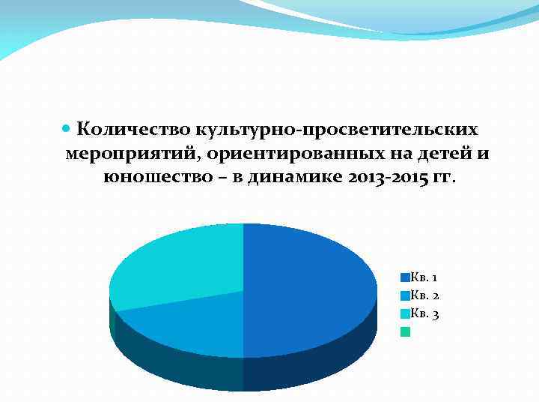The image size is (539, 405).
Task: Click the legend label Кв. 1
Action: point(424,277)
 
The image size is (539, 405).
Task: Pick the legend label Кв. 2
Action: point(424,295)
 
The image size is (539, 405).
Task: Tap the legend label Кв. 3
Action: point(424,313)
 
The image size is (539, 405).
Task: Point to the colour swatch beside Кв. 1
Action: point(405,277)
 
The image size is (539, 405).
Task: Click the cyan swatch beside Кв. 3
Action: point(405,313)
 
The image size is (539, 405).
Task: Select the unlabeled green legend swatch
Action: point(405,331)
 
